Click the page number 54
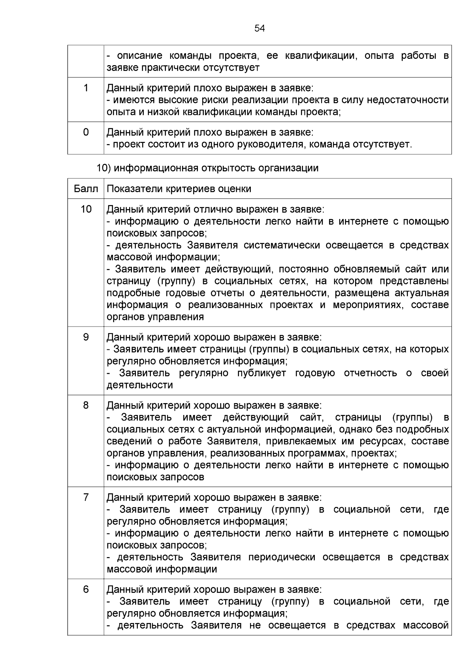pyautogui.click(x=260, y=28)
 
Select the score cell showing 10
pyautogui.click(x=86, y=209)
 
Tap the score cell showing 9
pyautogui.click(x=86, y=337)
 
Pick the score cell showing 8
pyautogui.click(x=86, y=405)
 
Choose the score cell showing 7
pyautogui.click(x=86, y=497)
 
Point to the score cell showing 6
pyautogui.click(x=86, y=589)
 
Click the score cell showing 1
pyautogui.click(x=86, y=88)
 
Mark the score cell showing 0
pyautogui.click(x=86, y=132)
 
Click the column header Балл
pyautogui.click(x=86, y=189)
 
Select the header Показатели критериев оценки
pyautogui.click(x=179, y=189)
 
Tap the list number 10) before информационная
pyautogui.click(x=105, y=168)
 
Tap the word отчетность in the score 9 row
pyautogui.click(x=370, y=373)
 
